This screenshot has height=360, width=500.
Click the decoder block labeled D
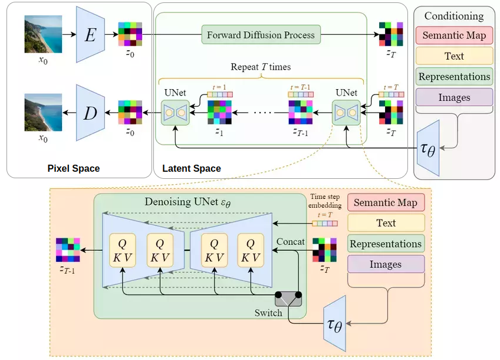[x=90, y=112]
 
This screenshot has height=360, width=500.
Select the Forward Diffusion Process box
[x=261, y=35]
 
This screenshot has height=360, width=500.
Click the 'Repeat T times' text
[x=261, y=67]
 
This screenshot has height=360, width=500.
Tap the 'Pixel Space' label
[x=73, y=169]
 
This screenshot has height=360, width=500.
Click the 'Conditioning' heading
[x=453, y=16]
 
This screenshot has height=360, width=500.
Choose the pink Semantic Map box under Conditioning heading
[x=454, y=35]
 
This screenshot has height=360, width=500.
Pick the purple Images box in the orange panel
[x=386, y=265]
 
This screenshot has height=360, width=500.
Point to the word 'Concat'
[x=291, y=242]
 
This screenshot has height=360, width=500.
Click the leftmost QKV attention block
[x=123, y=250]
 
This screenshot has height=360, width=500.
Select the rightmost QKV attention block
[x=251, y=250]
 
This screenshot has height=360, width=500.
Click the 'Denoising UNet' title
[x=187, y=202]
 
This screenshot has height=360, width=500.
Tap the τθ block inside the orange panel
[x=333, y=325]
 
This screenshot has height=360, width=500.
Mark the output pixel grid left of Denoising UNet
[x=67, y=250]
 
